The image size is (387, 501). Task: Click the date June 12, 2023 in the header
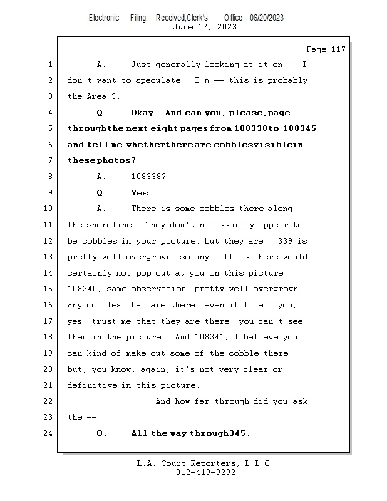pos(205,26)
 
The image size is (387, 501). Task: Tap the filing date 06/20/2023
pos(266,18)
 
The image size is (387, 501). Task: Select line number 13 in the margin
pos(49,257)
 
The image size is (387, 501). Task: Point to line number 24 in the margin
pos(49,433)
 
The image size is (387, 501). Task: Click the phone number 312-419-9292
pos(205,472)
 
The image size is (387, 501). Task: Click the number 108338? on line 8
pos(148,177)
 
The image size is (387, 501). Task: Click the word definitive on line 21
pos(91,385)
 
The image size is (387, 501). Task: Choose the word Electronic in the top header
pos(104,18)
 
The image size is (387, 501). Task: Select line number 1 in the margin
pos(49,65)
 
